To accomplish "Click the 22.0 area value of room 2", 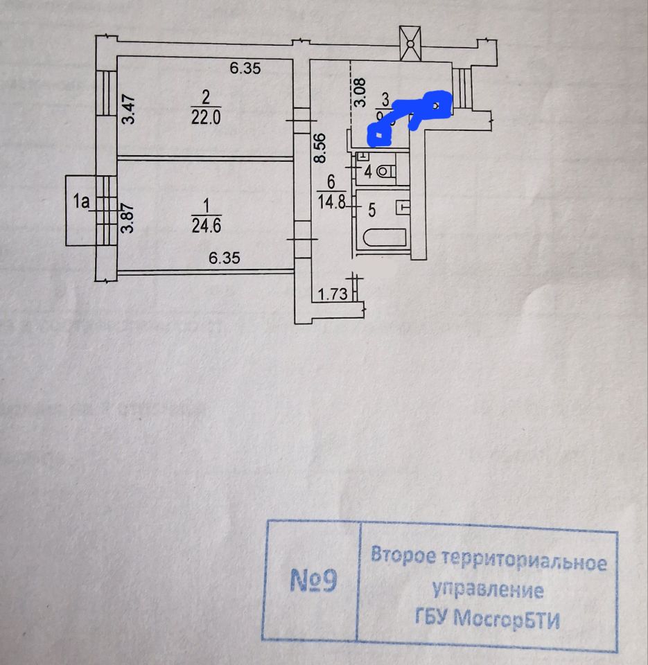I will pos(206,118).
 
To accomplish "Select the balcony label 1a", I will pos(82,202).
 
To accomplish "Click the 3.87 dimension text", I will pos(128,218).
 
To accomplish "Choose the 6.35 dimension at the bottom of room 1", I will pos(224,258).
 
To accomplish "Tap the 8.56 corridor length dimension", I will pos(319,148).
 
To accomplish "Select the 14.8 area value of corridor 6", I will pos(331,202).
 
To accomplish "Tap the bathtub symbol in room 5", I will pos(383,239).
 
